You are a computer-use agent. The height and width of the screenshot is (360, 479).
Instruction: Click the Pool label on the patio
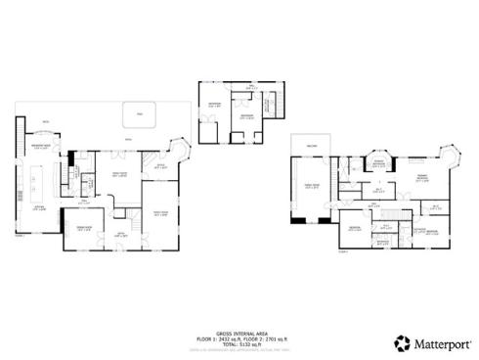139,114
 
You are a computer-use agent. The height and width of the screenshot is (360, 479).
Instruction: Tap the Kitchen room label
40,207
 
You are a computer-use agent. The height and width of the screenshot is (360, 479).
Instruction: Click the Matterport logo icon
401,343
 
